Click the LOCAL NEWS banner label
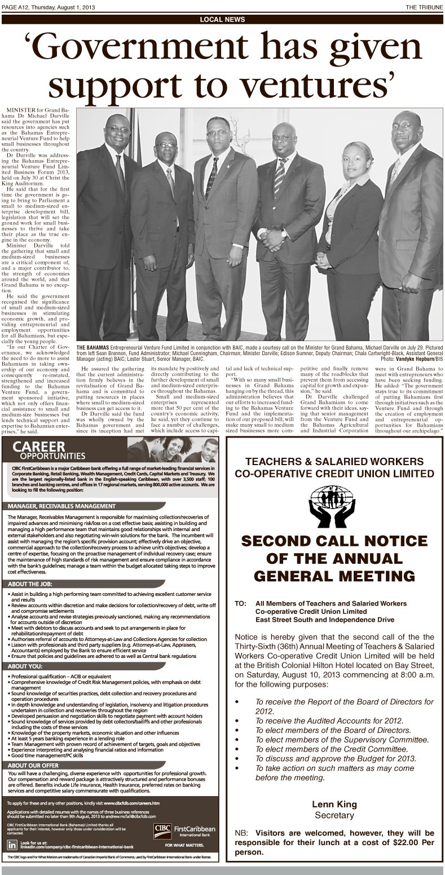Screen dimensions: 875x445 (x=222, y=19)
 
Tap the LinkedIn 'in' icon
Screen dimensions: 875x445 (x=12, y=845)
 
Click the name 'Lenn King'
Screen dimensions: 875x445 (x=334, y=804)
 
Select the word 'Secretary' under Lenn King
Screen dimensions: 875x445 (x=334, y=815)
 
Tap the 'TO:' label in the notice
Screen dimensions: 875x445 (x=240, y=603)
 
